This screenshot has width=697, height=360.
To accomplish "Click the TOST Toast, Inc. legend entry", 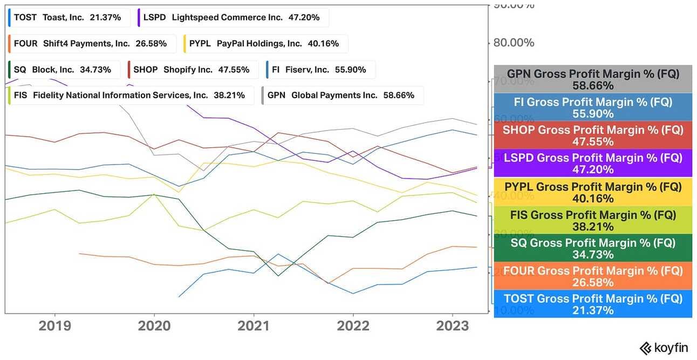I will coord(69,17).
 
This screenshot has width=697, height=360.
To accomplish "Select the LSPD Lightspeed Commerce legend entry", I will coord(233,17).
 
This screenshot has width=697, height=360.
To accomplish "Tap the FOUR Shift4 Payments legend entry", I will coord(92,44).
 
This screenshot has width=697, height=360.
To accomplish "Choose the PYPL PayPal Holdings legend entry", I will coord(265,44).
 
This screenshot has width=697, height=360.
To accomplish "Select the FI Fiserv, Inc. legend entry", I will coord(320,70).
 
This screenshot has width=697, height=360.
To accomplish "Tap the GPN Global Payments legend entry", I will coord(342,96).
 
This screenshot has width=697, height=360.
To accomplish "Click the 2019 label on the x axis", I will coord(54,326).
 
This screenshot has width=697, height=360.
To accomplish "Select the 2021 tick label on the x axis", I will coord(254,326).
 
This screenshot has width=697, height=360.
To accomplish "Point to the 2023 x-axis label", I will coord(452,326).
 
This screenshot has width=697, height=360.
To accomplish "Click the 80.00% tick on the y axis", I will coord(514,43).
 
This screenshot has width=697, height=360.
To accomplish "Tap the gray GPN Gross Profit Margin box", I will coord(593,79).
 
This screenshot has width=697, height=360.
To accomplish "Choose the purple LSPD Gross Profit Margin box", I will coord(593,164).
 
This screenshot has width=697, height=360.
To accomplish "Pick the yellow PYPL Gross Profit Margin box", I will coord(593,192).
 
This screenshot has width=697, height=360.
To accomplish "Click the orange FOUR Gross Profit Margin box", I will coord(593,276).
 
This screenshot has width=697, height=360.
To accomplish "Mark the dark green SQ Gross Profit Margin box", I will coord(593,248).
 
